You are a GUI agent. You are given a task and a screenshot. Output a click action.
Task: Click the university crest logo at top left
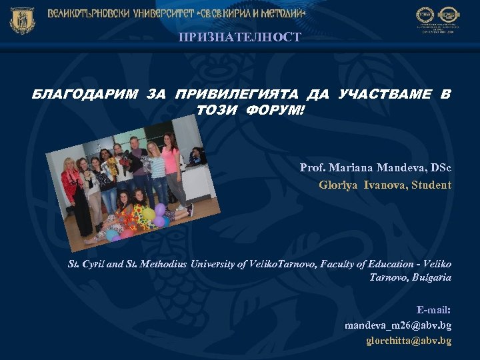tap(22, 20)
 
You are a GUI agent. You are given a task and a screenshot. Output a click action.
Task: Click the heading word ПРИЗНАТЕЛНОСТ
tap(239, 37)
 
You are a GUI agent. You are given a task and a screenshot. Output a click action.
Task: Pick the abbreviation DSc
tap(440, 167)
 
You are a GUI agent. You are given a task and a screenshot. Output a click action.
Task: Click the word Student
tap(431, 185)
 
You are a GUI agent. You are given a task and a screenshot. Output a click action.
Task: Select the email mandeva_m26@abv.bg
tap(397, 325)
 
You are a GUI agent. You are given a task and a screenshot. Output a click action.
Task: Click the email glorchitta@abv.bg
tap(409, 341)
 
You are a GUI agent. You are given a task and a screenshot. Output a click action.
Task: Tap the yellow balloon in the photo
tap(149, 214)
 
